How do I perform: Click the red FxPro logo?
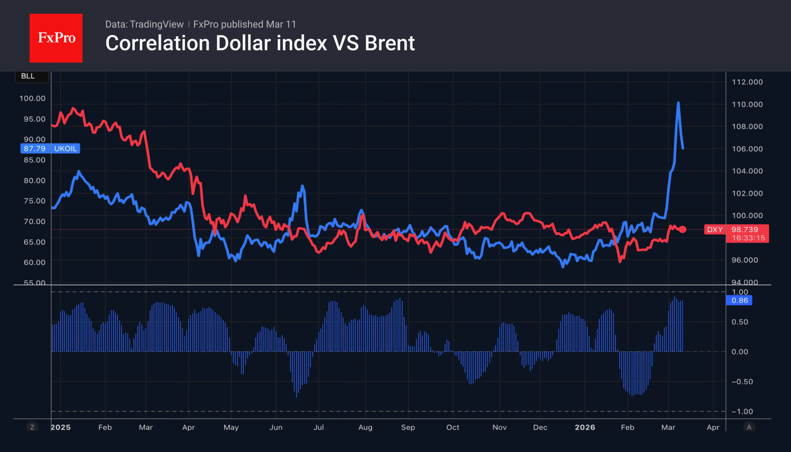pos(56,38)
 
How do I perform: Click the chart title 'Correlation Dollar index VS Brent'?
pos(259,43)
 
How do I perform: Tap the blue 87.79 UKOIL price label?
pos(50,149)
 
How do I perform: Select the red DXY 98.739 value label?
pos(736,229)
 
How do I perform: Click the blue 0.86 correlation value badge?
pos(739,300)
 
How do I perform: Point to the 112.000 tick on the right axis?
pos(747,82)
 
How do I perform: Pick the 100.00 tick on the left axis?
pos(32,98)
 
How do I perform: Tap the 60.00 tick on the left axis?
pos(32,262)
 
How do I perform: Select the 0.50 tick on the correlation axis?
pos(741,322)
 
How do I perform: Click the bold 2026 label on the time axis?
pos(585,427)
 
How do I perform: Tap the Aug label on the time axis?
pos(365,427)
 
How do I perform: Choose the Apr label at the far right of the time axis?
pos(713,427)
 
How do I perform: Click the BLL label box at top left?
pos(28,76)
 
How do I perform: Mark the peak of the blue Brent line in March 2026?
pos(678,103)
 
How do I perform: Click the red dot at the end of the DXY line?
pos(683,229)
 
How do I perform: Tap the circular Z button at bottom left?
pos(32,427)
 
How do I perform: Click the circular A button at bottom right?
pos(749,427)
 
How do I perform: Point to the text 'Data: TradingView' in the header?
pos(144,24)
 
